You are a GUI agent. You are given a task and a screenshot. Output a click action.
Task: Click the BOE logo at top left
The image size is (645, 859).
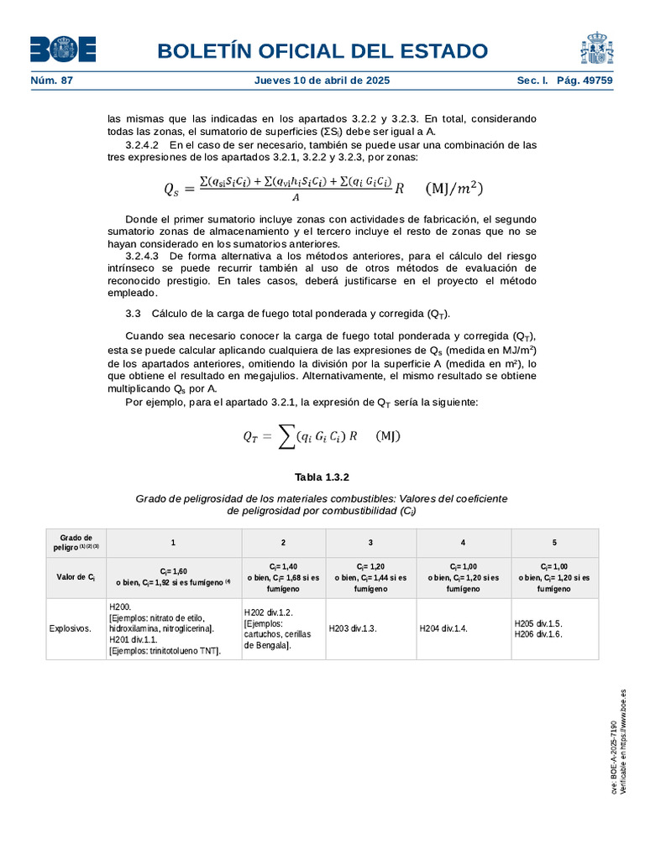coord(63,49)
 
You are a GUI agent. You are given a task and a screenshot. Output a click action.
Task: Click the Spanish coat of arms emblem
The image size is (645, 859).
coord(596,49)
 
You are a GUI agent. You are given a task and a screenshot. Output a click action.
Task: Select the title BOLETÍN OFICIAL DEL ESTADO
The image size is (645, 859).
coord(322,50)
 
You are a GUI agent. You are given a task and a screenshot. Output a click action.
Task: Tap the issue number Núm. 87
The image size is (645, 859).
coord(52,81)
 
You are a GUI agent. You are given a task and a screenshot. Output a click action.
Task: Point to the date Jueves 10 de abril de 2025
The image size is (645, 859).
coord(322,81)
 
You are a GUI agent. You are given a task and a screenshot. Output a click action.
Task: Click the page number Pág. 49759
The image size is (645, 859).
coord(585,81)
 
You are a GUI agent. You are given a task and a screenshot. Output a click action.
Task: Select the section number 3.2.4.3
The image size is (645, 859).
coord(142,255)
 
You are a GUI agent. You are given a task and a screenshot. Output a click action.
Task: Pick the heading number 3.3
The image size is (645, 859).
coord(132,313)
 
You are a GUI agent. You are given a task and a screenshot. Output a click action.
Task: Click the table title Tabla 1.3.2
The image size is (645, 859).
coord(322,476)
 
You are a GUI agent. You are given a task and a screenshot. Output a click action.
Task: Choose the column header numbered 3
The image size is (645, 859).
coord(370,543)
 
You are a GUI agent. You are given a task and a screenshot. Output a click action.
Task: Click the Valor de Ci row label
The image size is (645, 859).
coord(76,577)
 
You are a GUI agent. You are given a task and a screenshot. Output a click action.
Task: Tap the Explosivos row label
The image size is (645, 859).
coord(71,627)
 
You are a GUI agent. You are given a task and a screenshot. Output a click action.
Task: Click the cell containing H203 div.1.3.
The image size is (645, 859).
coord(353,627)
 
